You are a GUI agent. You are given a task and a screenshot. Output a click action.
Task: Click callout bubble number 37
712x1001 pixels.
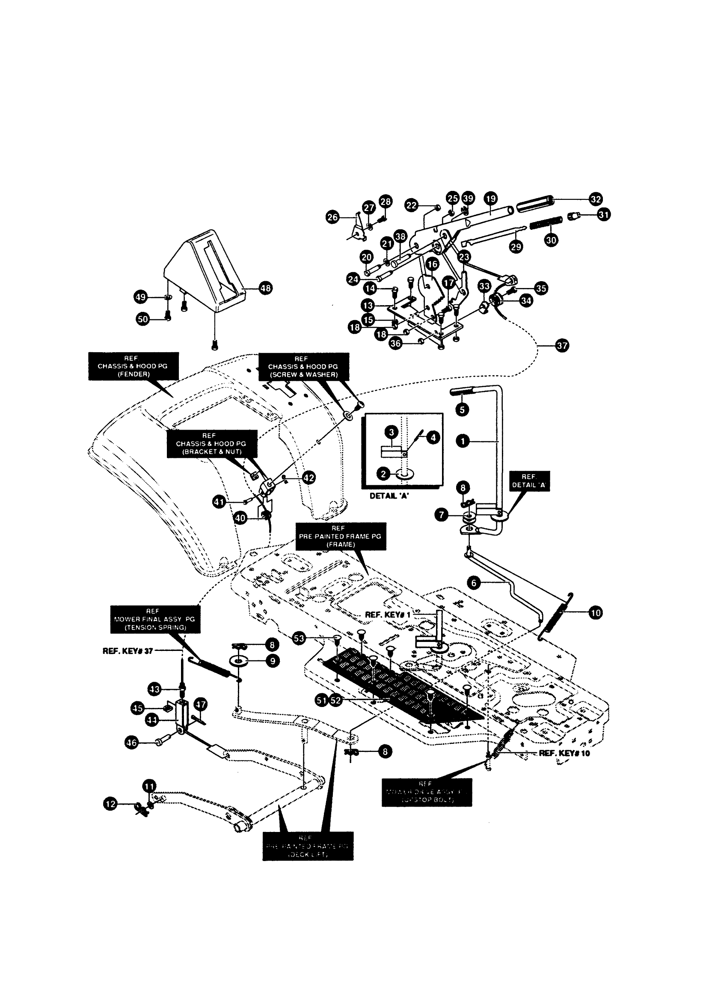562,345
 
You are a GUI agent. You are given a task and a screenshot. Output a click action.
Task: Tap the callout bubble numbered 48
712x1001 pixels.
265,288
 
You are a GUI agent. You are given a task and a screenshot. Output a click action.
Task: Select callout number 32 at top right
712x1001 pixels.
595,199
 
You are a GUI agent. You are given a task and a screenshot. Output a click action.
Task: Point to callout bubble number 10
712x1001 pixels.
595,613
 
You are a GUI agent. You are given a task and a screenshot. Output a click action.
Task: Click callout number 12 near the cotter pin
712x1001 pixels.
110,804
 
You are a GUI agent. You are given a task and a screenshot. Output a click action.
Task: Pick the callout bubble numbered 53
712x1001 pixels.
299,639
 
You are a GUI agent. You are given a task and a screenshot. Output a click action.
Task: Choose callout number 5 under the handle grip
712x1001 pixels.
462,410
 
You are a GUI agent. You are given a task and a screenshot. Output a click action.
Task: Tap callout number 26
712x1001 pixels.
333,217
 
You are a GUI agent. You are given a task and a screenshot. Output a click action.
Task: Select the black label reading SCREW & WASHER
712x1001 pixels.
303,367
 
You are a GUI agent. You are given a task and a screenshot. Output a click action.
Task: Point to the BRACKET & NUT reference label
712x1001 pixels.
212,444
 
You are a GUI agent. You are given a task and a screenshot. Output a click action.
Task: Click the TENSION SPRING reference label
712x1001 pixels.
155,619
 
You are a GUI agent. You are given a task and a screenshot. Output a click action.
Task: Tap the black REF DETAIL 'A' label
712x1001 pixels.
529,481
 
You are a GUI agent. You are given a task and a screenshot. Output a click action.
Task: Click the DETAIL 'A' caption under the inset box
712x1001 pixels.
389,496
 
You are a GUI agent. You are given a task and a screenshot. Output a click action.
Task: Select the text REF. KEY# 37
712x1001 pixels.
128,651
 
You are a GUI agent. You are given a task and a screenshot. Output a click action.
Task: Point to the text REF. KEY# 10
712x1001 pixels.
564,753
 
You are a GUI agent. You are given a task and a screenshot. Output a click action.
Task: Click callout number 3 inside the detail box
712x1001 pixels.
392,432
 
